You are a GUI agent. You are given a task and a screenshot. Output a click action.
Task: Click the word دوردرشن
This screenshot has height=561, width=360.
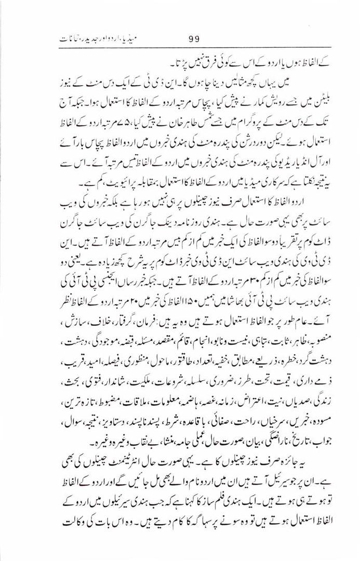(249, 139)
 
